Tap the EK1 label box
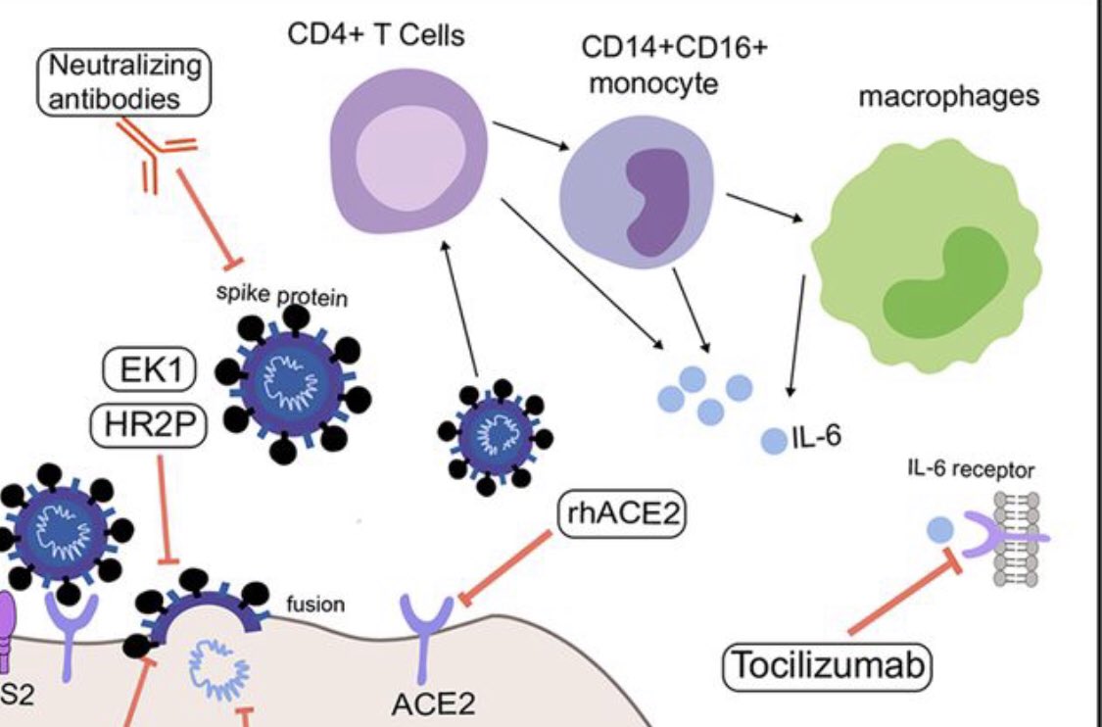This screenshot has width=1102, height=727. click(x=149, y=373)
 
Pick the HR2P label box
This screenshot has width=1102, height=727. click(x=149, y=424)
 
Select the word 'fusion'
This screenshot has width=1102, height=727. click(x=314, y=605)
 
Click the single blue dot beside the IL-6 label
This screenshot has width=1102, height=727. click(x=774, y=441)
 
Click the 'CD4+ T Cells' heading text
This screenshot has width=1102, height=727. click(x=375, y=36)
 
